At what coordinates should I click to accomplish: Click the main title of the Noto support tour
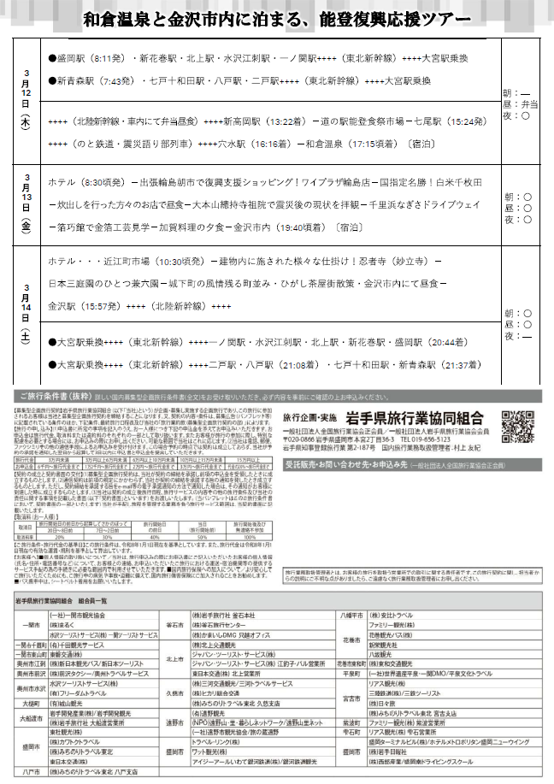click(277, 18)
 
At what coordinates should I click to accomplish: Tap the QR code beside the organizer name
click(515, 426)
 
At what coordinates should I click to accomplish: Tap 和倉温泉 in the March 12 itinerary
click(326, 145)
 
